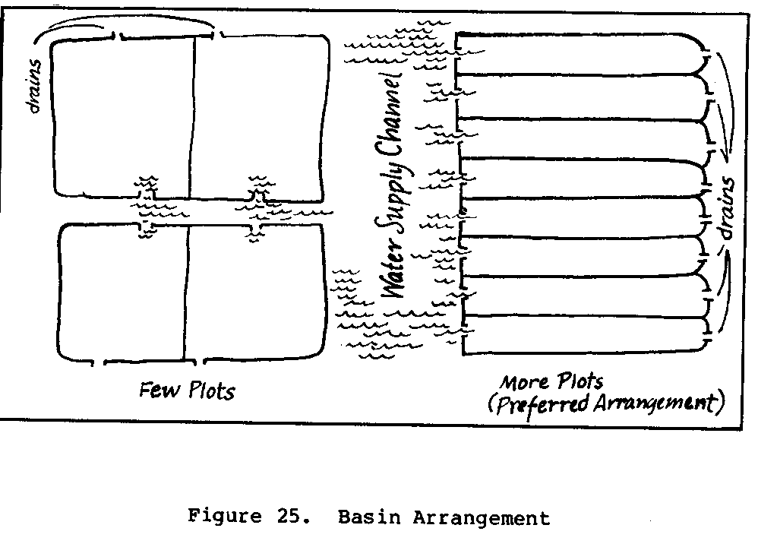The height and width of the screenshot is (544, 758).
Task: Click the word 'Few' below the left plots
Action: (159, 390)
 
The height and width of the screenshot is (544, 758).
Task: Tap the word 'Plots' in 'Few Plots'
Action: (210, 391)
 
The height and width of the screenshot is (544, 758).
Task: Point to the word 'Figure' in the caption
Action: (220, 518)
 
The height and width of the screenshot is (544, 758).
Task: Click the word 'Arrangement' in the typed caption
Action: (482, 518)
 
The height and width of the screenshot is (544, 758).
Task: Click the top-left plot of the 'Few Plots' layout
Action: (123, 114)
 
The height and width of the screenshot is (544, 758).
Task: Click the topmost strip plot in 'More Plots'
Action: (581, 54)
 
